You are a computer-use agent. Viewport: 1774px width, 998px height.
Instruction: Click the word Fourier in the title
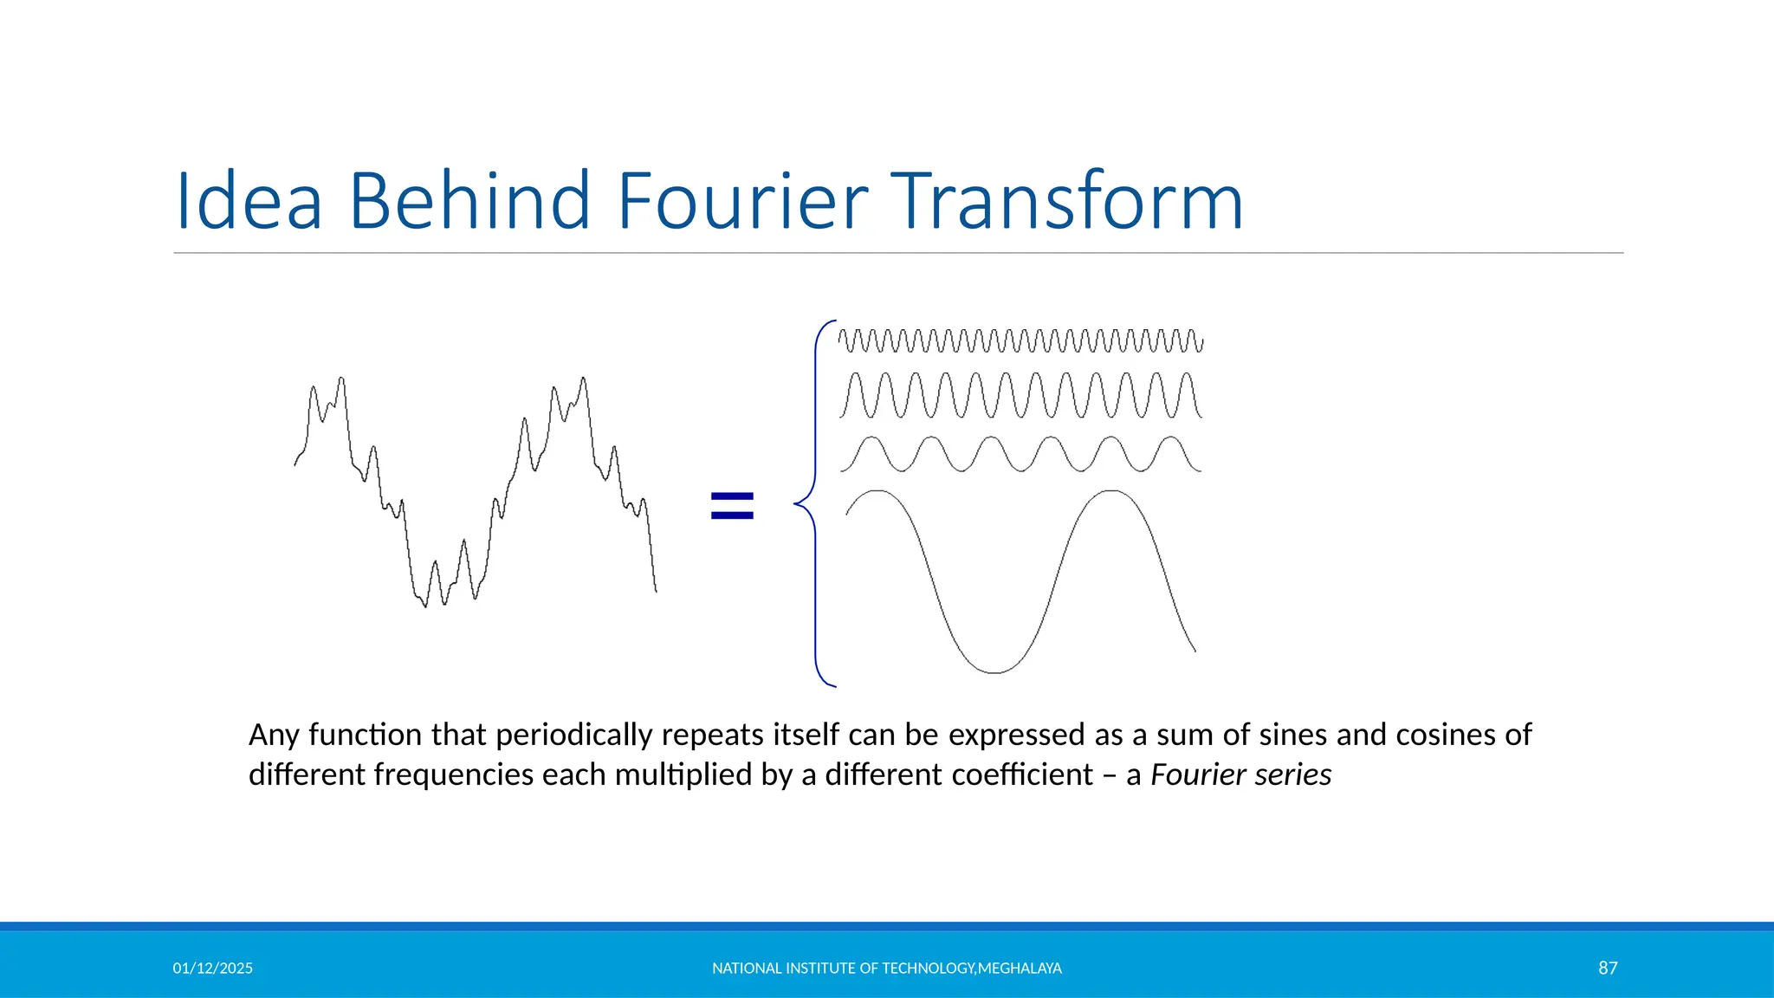741,201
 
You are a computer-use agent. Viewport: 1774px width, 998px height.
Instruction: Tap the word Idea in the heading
249,201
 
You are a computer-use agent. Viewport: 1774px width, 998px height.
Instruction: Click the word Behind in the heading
469,201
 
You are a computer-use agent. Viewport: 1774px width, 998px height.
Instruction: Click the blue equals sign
732,505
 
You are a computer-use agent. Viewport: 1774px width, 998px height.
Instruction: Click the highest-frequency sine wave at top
1020,340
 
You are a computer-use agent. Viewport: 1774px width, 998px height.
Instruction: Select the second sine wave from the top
1020,396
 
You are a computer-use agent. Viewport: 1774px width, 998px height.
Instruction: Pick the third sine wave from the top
1020,454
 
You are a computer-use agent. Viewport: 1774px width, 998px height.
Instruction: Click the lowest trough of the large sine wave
994,671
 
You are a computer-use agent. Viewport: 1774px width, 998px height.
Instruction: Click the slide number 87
1608,968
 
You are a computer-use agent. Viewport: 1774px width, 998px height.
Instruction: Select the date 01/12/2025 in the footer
213,969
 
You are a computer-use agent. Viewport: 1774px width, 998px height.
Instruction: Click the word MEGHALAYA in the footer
1020,969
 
